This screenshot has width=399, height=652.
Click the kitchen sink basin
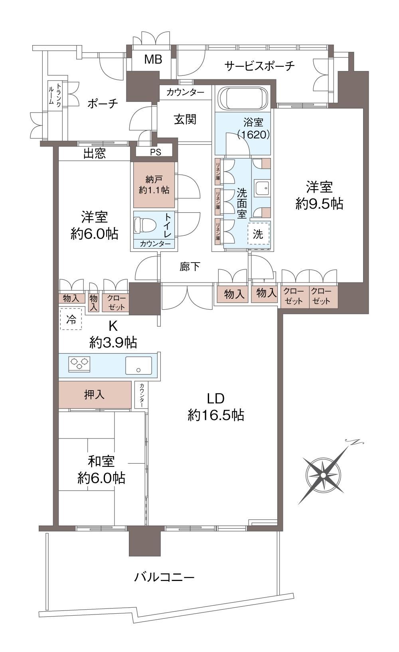(x=138, y=365)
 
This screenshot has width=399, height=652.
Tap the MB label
(x=153, y=59)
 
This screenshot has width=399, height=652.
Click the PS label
(x=156, y=152)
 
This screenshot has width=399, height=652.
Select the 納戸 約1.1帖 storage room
(x=154, y=185)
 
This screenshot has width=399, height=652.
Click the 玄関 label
(x=185, y=119)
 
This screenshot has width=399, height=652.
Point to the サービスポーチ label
(x=260, y=66)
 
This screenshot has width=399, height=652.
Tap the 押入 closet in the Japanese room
(x=95, y=395)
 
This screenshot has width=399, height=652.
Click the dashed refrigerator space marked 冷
(x=71, y=319)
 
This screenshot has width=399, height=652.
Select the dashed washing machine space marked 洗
(x=258, y=234)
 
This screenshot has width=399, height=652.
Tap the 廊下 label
(x=190, y=267)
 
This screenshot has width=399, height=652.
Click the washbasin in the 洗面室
(x=263, y=187)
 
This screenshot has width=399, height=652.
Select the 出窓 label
(x=95, y=153)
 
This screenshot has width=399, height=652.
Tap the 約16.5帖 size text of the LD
(x=215, y=415)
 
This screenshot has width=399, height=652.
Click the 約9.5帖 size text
(x=319, y=204)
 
